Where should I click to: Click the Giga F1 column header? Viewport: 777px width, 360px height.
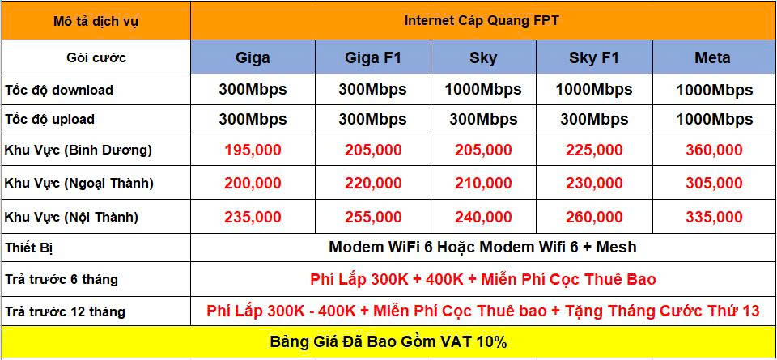click(372, 58)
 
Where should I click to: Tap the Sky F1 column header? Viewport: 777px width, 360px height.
click(594, 58)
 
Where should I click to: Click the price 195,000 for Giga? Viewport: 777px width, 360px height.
click(253, 150)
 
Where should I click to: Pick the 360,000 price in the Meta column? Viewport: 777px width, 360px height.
click(714, 150)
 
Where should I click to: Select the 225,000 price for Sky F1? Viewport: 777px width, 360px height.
click(594, 150)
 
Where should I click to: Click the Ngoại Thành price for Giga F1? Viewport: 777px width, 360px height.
click(372, 183)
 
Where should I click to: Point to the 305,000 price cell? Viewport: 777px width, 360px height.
click(714, 183)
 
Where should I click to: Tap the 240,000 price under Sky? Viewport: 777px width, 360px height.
click(483, 217)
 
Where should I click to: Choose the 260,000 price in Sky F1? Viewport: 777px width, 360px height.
click(594, 217)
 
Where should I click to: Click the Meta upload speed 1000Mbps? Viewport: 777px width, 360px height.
click(714, 120)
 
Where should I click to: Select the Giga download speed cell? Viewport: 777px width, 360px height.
click(253, 90)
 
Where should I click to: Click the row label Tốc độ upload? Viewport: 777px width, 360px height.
click(49, 120)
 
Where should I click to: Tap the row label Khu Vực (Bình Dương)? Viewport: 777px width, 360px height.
click(79, 150)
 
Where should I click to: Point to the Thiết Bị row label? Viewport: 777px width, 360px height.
click(29, 248)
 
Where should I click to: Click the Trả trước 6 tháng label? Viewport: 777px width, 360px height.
click(62, 279)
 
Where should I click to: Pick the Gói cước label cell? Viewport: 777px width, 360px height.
click(96, 58)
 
